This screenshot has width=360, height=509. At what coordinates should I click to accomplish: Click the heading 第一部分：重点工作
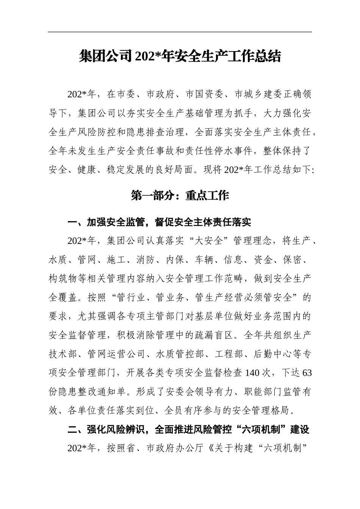(x=180, y=195)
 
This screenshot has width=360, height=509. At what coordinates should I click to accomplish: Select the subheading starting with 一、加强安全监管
(x=159, y=222)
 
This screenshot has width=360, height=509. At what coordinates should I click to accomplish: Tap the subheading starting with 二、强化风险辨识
(x=188, y=429)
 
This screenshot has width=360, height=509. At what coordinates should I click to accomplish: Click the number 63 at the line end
(x=307, y=373)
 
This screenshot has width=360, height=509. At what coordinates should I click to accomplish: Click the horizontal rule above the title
(x=180, y=32)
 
